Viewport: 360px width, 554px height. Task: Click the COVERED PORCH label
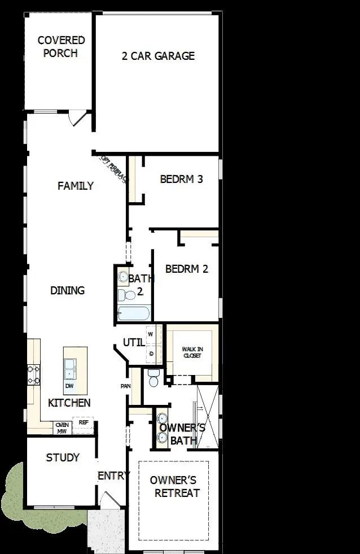[61, 47]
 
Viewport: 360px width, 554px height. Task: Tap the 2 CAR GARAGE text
[158, 56]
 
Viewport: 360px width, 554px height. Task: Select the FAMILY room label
[76, 186]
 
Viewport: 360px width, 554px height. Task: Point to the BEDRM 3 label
[181, 180]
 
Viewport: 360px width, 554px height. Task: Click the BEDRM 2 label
[186, 269]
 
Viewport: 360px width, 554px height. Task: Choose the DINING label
[67, 291]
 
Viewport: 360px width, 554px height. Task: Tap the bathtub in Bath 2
[133, 313]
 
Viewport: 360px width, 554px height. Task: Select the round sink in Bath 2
[123, 277]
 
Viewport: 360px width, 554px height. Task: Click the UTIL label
[133, 343]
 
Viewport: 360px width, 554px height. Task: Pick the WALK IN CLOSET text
[192, 352]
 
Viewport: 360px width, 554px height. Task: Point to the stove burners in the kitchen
[33, 374]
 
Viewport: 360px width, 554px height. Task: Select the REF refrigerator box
[83, 422]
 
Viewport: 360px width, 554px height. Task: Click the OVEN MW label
[62, 428]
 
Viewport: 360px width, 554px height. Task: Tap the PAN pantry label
[125, 386]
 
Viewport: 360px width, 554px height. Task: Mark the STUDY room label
[63, 457]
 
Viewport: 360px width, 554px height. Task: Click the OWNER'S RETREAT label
[173, 486]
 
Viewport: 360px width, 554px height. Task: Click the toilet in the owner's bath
[152, 379]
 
